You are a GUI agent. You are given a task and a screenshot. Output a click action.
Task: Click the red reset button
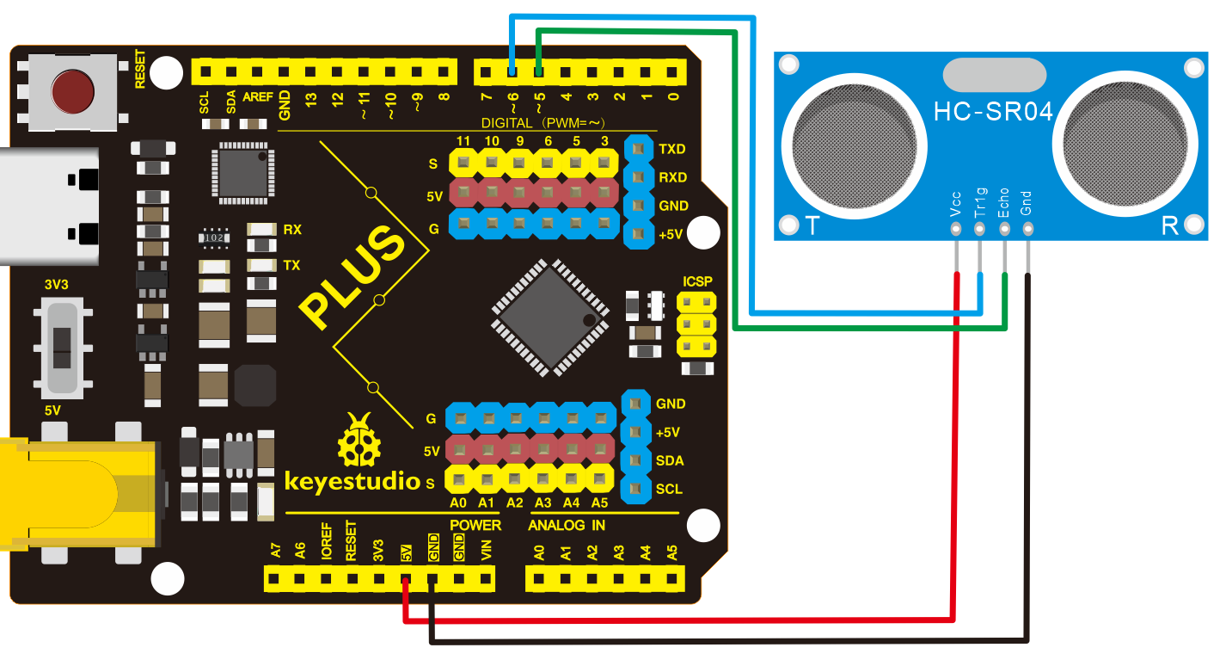point(72,91)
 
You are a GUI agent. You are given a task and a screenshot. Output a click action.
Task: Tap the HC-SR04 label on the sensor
point(993,112)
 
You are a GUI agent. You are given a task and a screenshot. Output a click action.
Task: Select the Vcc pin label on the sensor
point(956,204)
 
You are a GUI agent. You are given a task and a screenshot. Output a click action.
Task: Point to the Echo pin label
point(1003,203)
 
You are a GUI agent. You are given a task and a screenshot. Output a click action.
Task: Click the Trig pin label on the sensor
point(980,203)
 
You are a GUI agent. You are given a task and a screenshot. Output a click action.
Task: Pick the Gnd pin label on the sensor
point(1027,203)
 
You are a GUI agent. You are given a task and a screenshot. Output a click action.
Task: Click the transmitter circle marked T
point(855,146)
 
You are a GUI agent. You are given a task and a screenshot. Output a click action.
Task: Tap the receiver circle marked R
point(1125,145)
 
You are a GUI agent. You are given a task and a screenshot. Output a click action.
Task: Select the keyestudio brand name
point(352,481)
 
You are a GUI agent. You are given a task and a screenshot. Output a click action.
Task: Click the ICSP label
point(697,281)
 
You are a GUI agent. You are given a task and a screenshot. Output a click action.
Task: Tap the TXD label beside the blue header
point(672,149)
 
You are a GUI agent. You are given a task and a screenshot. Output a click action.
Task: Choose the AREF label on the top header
point(257,97)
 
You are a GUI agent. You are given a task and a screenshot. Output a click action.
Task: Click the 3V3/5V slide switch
point(63,348)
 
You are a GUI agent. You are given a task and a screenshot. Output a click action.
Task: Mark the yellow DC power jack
point(79,494)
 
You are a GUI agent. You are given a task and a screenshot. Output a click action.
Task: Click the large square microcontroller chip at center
point(550,318)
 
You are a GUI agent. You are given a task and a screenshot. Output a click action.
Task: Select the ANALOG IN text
point(567,526)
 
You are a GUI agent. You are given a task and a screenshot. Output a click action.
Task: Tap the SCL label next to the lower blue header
point(669,489)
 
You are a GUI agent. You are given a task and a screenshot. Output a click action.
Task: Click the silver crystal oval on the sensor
point(995,75)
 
